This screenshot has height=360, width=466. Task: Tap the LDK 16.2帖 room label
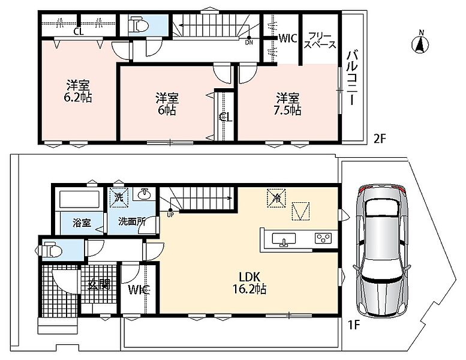click(x=249, y=283)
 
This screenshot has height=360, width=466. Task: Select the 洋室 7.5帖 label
click(x=287, y=104)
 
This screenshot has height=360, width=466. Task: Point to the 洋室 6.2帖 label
click(x=78, y=91)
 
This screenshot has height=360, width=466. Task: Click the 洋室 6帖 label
click(x=167, y=104)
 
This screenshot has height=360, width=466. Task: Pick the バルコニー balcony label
click(x=351, y=78)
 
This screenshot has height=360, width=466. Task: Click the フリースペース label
click(x=320, y=40)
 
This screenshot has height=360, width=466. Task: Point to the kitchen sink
click(x=284, y=239)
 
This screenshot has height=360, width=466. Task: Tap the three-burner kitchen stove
click(x=324, y=238)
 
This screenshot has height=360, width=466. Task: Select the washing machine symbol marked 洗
click(x=119, y=197)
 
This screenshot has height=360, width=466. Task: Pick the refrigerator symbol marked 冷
click(x=276, y=198)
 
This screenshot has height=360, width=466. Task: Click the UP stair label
click(x=170, y=215)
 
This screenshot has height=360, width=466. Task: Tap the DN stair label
click(x=249, y=43)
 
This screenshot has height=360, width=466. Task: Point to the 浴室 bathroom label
click(x=82, y=223)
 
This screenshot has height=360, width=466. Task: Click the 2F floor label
click(x=380, y=139)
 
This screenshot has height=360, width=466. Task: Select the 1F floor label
click(x=354, y=326)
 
